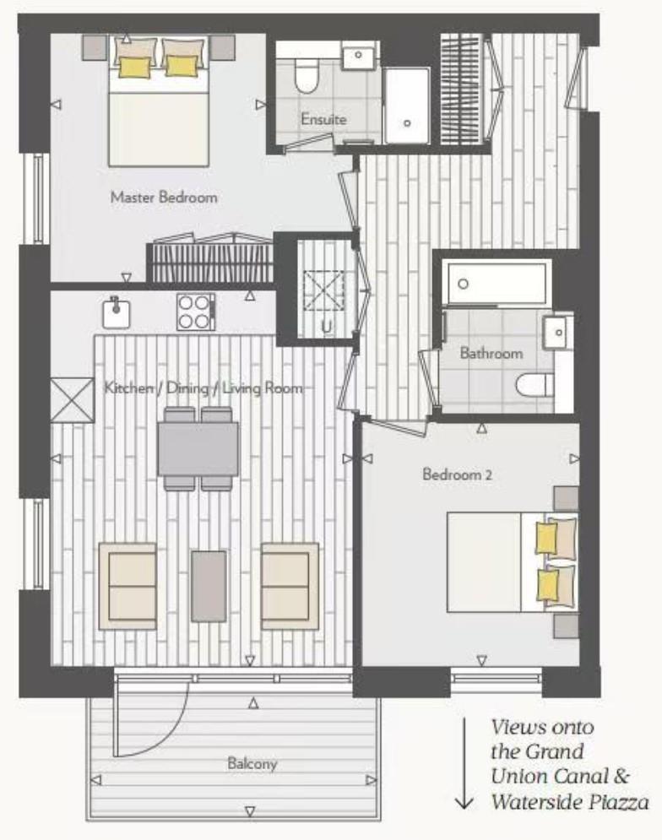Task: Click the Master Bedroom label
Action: tap(163, 198)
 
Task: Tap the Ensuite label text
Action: tap(323, 119)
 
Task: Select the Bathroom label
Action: tap(491, 354)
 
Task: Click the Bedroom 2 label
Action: tap(457, 474)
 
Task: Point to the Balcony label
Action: tap(252, 764)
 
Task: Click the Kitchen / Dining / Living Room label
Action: tap(203, 388)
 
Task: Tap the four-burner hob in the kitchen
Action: tap(196, 312)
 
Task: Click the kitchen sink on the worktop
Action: tap(116, 313)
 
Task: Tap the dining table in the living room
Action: tap(198, 448)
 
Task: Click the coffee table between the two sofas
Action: tap(209, 585)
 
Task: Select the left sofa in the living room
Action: tap(128, 585)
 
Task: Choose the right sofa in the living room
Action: tap(290, 585)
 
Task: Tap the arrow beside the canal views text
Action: tap(464, 764)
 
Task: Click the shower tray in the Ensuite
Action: tap(407, 106)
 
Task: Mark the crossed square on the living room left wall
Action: tap(72, 398)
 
